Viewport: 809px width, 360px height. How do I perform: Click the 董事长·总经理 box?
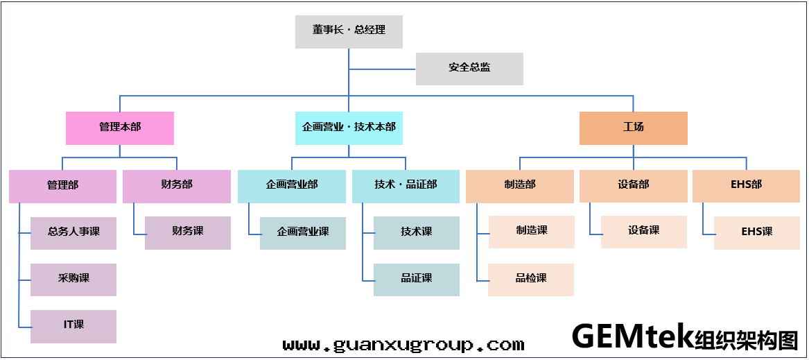click(x=349, y=31)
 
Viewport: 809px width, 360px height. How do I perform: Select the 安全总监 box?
click(x=469, y=69)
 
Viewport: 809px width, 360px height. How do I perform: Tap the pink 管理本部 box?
click(x=120, y=128)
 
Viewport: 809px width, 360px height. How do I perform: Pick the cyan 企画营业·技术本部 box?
click(x=349, y=128)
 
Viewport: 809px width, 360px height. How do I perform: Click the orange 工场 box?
click(x=633, y=128)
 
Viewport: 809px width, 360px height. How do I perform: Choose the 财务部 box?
click(x=177, y=186)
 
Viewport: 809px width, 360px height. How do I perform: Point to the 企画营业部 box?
click(x=291, y=186)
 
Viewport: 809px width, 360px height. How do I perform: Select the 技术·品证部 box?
click(x=406, y=186)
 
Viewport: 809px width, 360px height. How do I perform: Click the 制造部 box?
click(x=520, y=186)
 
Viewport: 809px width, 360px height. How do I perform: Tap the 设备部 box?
click(x=633, y=186)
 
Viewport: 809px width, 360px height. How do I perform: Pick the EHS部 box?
click(x=746, y=186)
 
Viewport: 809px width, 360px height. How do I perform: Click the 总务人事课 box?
click(x=73, y=232)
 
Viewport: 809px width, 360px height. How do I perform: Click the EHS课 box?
click(x=756, y=232)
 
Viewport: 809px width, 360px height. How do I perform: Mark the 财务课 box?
click(x=188, y=232)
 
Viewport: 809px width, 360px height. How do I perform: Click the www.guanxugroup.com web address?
click(x=403, y=345)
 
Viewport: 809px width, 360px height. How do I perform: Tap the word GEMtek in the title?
click(x=632, y=337)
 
